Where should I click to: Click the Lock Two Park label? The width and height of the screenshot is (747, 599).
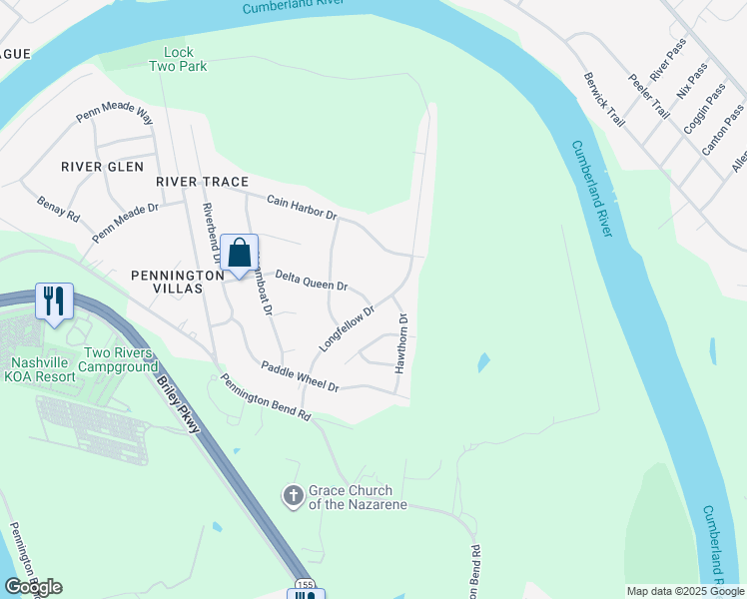click(x=178, y=59)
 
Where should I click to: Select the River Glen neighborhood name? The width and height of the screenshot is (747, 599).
click(x=102, y=167)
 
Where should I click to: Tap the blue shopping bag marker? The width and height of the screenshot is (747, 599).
click(x=240, y=253)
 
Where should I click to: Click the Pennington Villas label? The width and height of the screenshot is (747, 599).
click(x=167, y=281)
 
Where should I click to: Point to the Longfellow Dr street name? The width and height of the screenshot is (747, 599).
click(x=346, y=327)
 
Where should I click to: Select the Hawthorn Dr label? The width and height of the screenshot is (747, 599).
click(x=401, y=344)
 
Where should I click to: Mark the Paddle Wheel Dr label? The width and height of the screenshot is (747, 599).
click(x=300, y=376)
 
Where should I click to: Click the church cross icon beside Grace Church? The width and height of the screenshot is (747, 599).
click(x=293, y=495)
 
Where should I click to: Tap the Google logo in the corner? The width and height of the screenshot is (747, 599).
click(x=33, y=587)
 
